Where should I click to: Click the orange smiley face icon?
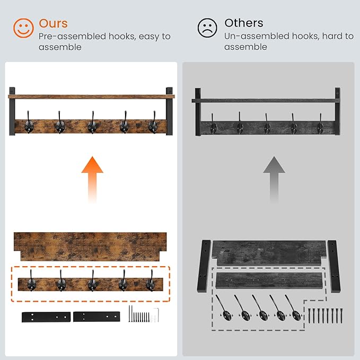23,28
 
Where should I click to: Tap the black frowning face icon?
207,28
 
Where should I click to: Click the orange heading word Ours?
53,23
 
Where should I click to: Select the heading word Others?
244,23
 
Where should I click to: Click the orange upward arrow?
92,180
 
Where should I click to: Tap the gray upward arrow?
274,180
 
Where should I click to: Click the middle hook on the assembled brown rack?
92,123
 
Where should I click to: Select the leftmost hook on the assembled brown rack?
29,122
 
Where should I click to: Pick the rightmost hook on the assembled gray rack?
320,124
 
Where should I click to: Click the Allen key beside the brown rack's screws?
156,315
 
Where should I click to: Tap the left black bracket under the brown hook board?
46,317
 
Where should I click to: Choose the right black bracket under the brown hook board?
96,317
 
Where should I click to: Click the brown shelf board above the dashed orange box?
90,247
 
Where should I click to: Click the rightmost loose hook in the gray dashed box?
293,308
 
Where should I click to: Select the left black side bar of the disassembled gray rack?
204,266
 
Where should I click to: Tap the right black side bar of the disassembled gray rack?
334,266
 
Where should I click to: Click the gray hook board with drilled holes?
269,282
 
